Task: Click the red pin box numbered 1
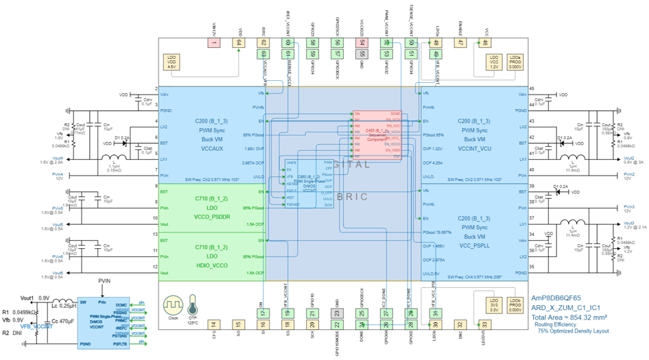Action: click(214, 43)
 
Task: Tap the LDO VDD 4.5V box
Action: click(172, 62)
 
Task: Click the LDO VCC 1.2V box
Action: click(494, 62)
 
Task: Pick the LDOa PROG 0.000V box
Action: click(515, 62)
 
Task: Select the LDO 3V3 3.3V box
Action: click(494, 303)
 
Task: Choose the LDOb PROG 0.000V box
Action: click(515, 303)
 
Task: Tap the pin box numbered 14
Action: click(213, 324)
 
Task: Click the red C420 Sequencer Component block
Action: click(377, 134)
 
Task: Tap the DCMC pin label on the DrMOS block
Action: click(121, 304)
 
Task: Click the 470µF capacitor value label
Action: click(67, 320)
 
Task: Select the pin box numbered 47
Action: click(460, 43)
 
